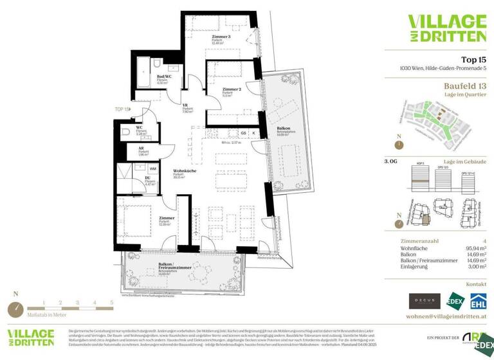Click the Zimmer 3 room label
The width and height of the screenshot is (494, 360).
[221, 37]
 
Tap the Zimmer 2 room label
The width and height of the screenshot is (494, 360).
[231, 89]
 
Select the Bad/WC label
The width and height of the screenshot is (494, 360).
[164, 76]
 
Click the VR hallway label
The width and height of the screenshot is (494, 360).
[185, 105]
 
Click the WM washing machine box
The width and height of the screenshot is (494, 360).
[152, 168]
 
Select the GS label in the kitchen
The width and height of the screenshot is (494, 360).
[244, 133]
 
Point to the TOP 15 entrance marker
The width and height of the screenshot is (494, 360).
[122, 109]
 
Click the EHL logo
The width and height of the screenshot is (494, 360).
[477, 301]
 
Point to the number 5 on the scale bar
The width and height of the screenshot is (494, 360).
[111, 301]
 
